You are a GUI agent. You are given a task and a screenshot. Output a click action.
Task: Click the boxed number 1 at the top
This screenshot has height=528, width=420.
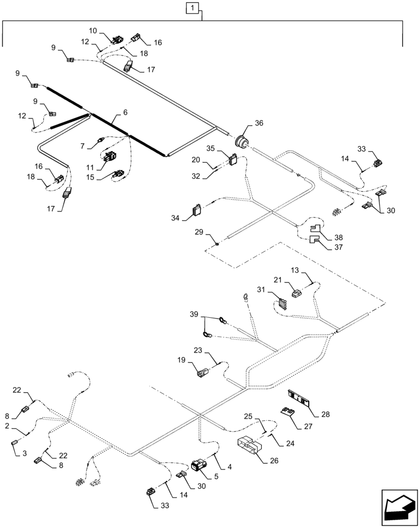click(x=194, y=8)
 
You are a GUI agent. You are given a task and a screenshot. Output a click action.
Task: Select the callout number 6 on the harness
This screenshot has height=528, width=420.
click(x=125, y=112)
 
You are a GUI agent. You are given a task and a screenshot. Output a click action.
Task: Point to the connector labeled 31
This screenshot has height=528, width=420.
click(x=282, y=305)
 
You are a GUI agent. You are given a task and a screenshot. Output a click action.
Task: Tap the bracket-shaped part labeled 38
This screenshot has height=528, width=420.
click(x=315, y=229)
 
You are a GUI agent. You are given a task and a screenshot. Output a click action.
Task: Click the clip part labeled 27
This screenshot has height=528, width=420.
click(x=288, y=412)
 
